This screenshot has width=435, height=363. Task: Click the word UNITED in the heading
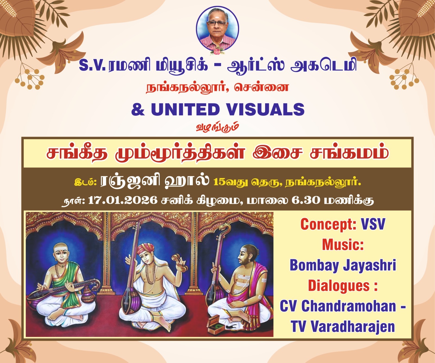point(185,109)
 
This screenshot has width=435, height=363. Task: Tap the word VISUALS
point(265,109)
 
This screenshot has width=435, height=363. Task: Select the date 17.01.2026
point(123,200)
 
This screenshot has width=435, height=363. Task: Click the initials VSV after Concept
point(373,225)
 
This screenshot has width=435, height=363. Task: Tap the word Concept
point(328,225)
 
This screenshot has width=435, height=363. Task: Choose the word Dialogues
point(339,286)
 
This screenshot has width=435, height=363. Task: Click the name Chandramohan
point(349,306)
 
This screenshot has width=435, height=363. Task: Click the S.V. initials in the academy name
point(92,66)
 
